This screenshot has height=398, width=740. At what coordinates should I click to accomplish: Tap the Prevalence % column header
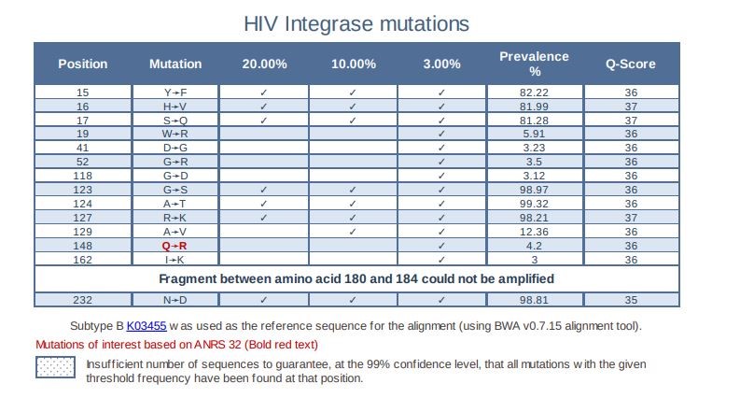pyautogui.click(x=534, y=64)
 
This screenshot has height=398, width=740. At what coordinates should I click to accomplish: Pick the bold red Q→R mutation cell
pyautogui.click(x=175, y=245)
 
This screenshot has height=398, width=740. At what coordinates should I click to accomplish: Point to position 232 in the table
pyautogui.click(x=83, y=299)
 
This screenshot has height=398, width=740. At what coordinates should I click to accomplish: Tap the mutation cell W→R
pyautogui.click(x=175, y=134)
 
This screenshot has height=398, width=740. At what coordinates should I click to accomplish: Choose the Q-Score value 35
pyautogui.click(x=631, y=299)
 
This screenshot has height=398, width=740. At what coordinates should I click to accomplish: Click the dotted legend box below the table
pyautogui.click(x=58, y=370)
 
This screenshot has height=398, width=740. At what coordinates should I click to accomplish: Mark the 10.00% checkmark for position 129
pyautogui.click(x=354, y=231)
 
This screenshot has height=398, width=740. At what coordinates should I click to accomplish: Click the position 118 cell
pyautogui.click(x=83, y=176)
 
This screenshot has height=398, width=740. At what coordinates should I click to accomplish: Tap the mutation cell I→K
pyautogui.click(x=175, y=258)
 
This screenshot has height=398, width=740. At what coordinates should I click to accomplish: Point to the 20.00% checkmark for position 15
pyautogui.click(x=265, y=92)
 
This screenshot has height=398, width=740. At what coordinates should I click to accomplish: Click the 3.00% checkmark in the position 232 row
pyautogui.click(x=441, y=299)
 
